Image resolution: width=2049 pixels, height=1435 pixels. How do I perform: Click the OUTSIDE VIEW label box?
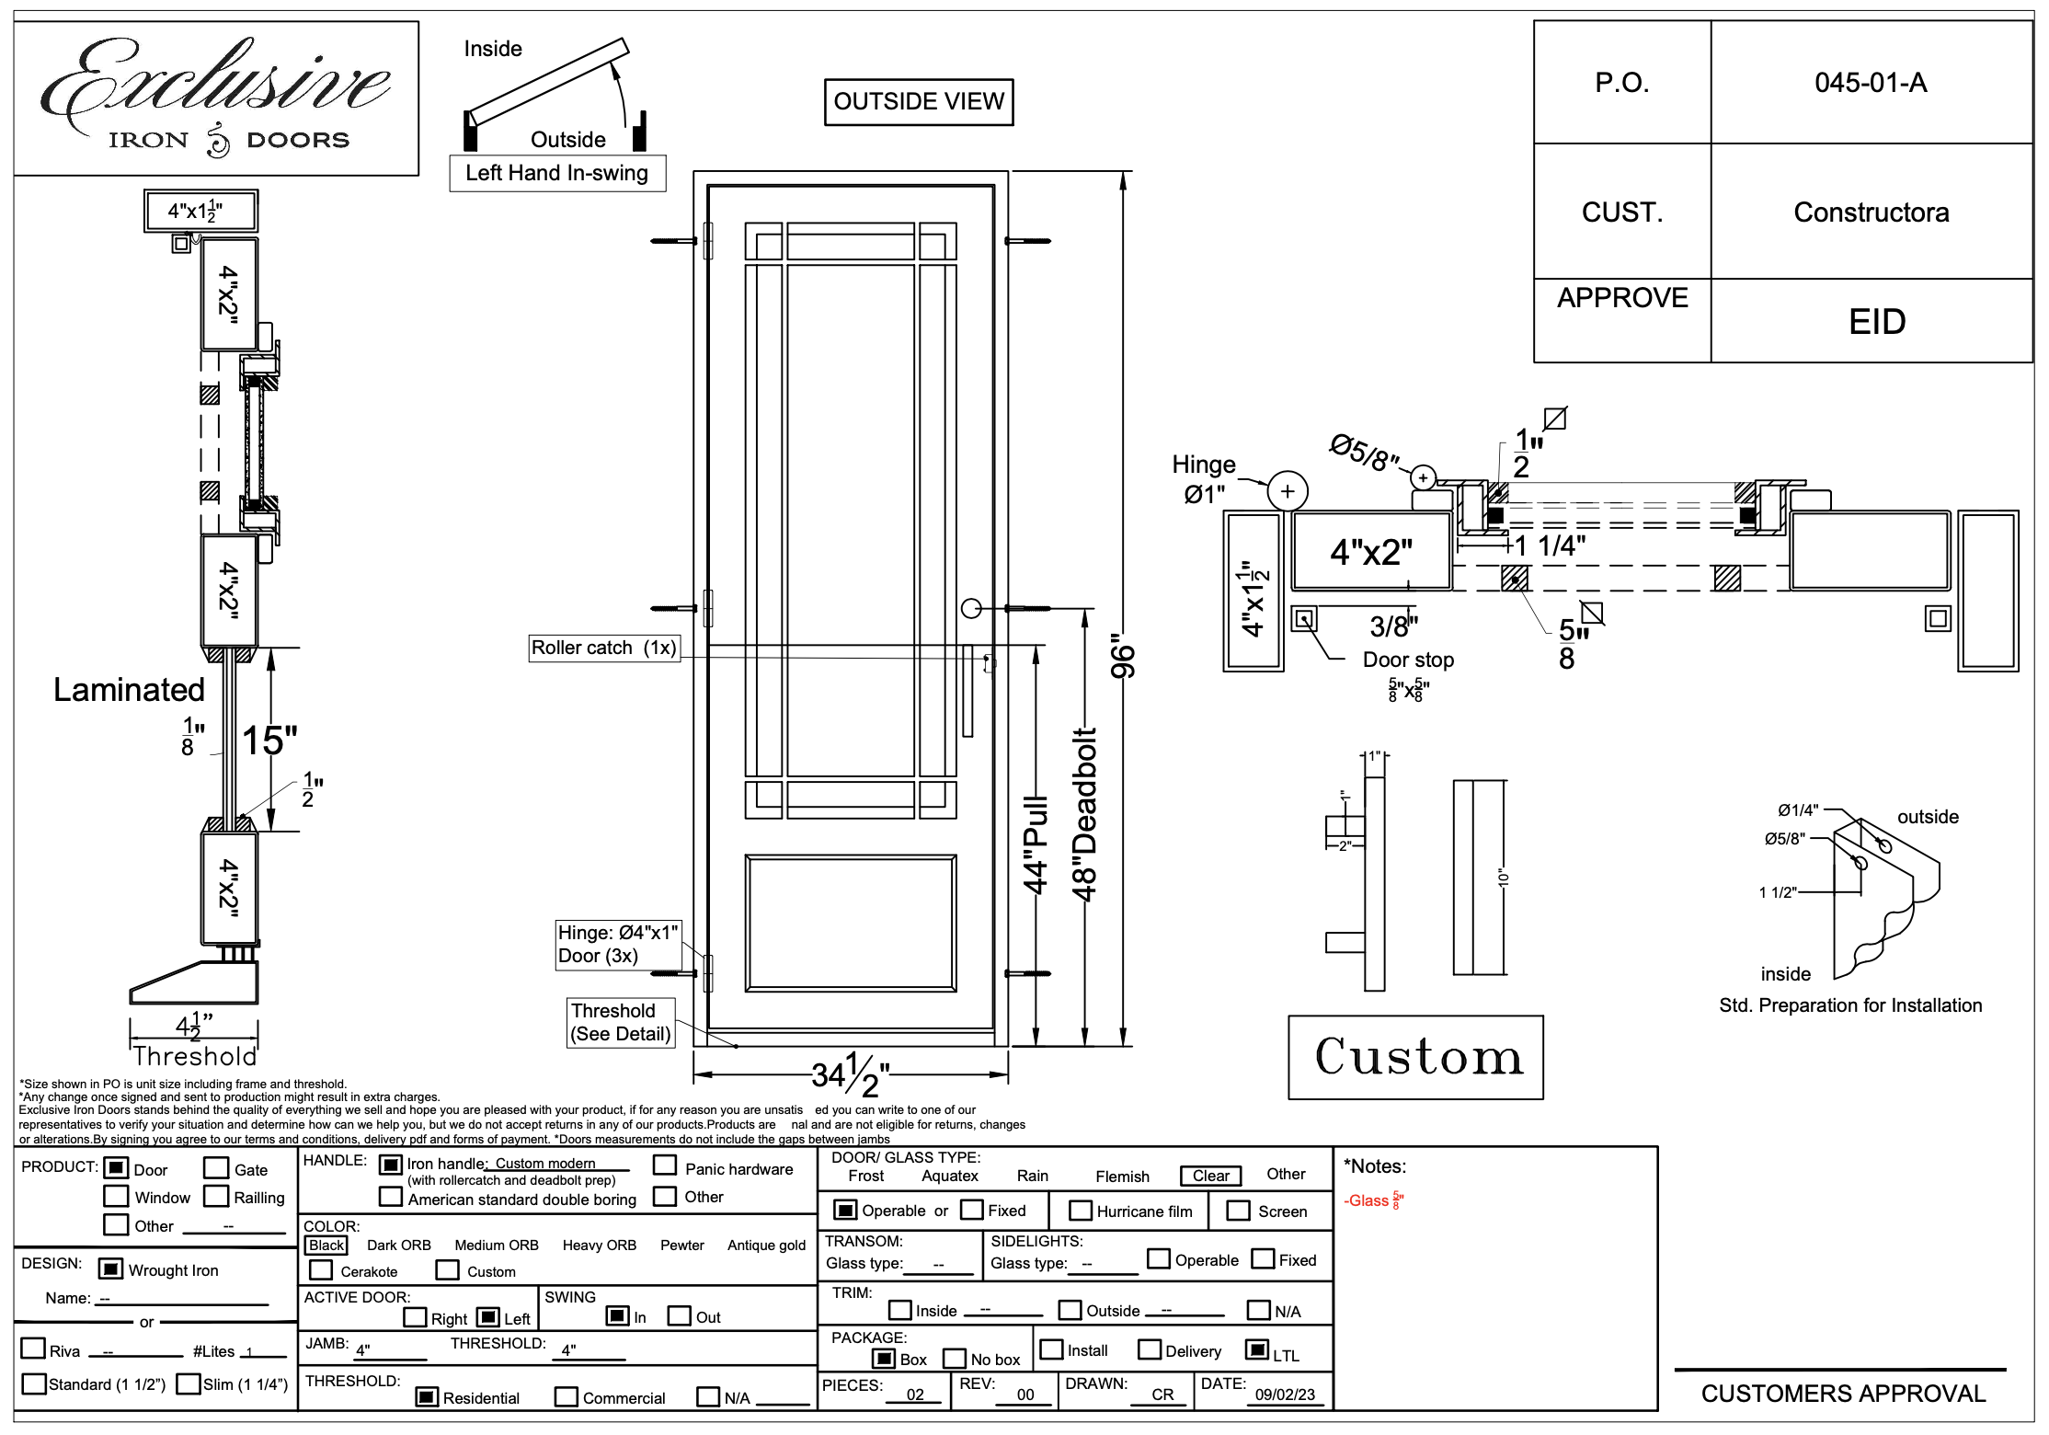[x=918, y=102]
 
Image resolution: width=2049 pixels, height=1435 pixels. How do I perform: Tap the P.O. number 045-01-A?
[x=1870, y=83]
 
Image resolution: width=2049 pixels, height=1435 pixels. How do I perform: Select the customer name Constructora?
[x=1871, y=212]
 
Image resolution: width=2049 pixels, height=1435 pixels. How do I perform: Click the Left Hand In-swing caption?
[x=556, y=173]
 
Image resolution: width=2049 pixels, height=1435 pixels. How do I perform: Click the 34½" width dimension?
[x=850, y=1074]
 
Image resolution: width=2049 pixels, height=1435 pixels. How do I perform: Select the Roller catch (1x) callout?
[x=604, y=648]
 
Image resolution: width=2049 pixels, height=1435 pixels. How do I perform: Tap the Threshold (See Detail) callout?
[x=621, y=1022]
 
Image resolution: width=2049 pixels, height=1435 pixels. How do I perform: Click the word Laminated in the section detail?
[x=129, y=690]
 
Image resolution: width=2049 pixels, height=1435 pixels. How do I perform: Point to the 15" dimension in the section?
[x=269, y=740]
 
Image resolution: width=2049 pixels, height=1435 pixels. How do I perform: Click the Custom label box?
[x=1415, y=1057]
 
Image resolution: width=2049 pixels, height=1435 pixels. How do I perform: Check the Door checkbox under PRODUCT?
[x=116, y=1168]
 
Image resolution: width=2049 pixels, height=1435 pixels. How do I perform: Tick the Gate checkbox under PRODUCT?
[x=216, y=1168]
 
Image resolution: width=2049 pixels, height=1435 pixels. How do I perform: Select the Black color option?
[x=326, y=1246]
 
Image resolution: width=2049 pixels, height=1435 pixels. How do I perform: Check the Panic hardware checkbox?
[x=665, y=1165]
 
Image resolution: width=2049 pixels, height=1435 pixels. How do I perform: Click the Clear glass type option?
[x=1210, y=1176]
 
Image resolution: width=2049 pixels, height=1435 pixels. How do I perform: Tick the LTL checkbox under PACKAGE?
[x=1256, y=1349]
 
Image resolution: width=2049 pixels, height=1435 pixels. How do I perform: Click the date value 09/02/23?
[x=1285, y=1395]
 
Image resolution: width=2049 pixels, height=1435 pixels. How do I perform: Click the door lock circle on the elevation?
[x=971, y=608]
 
